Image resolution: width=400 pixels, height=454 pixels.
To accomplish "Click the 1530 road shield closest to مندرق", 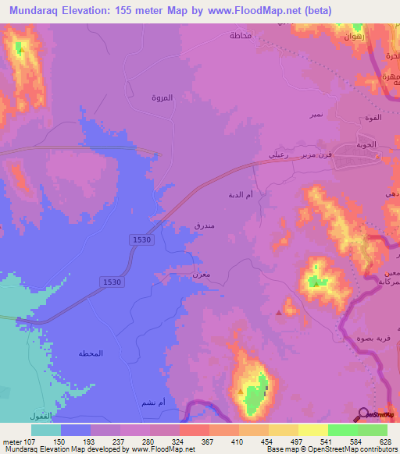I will [x=141, y=240].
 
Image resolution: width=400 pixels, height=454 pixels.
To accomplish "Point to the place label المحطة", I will [x=91, y=353].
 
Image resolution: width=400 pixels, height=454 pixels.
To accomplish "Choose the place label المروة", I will [x=162, y=98].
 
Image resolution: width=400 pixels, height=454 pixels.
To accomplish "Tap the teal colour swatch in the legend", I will [x=46, y=429].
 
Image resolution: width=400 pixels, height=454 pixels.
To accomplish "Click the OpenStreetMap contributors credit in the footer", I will [x=345, y=449].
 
